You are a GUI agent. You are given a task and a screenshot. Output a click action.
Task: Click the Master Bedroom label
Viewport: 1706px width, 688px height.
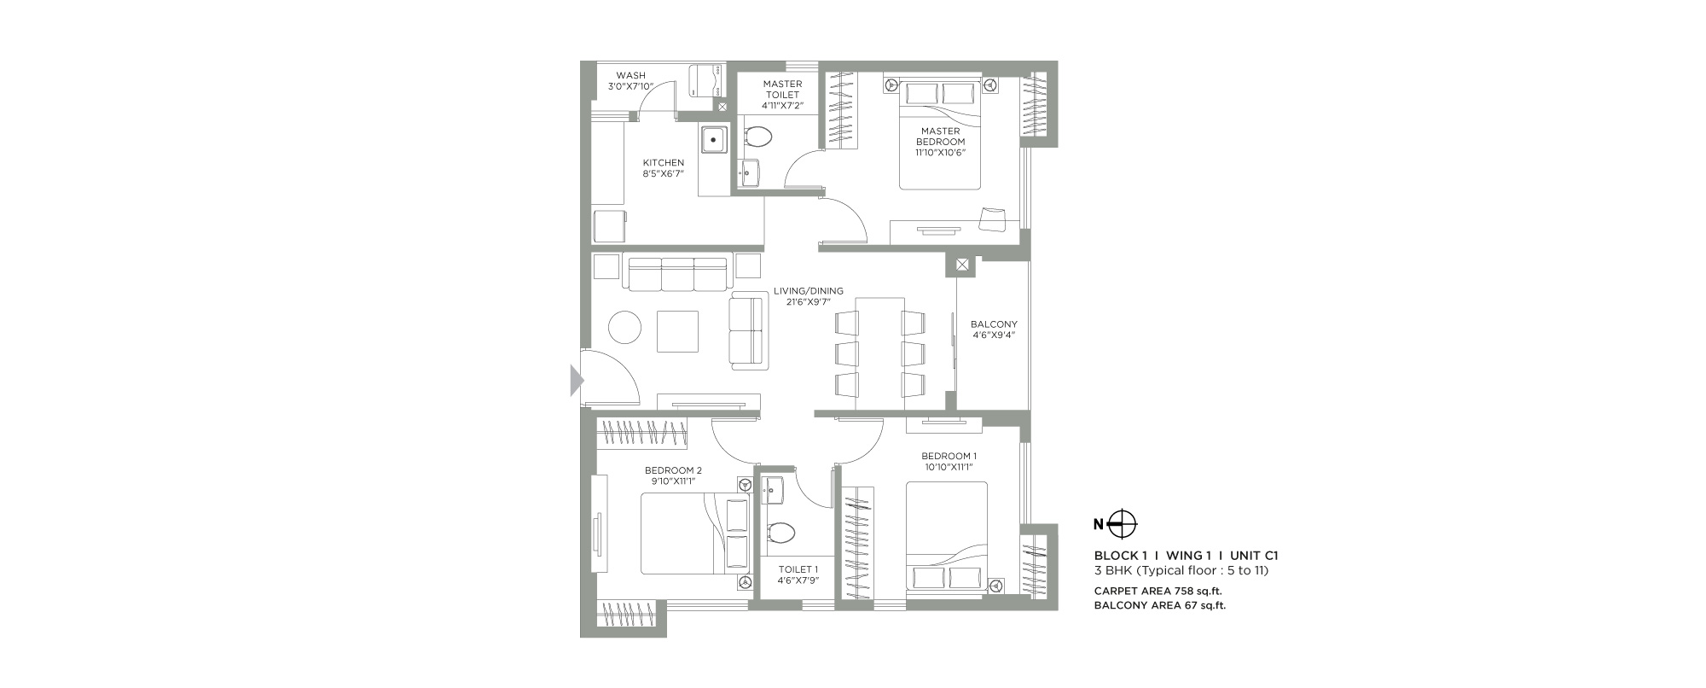click(x=941, y=137)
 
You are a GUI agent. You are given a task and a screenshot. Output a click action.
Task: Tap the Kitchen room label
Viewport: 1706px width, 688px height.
click(x=663, y=163)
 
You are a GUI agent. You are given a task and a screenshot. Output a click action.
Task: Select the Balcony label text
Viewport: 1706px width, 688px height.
click(x=994, y=324)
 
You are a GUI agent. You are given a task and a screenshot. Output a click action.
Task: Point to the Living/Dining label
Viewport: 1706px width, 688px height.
click(x=809, y=291)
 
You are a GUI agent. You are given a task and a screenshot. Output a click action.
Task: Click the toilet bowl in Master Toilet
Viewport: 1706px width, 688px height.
click(x=757, y=137)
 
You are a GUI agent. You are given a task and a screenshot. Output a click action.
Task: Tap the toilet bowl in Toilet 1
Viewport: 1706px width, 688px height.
click(x=780, y=533)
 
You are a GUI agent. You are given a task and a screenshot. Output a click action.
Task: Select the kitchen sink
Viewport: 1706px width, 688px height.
click(x=714, y=139)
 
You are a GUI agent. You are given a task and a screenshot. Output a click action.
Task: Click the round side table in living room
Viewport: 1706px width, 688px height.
click(x=624, y=328)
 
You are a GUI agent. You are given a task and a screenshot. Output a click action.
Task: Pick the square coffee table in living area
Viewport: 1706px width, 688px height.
click(x=677, y=331)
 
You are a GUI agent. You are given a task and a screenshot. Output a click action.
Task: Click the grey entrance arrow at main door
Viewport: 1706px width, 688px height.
click(x=576, y=379)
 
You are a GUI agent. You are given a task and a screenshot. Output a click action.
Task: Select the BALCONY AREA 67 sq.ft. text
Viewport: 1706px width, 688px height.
click(x=1160, y=606)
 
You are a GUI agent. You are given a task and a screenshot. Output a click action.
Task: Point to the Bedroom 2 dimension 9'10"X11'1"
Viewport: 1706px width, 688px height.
click(x=673, y=481)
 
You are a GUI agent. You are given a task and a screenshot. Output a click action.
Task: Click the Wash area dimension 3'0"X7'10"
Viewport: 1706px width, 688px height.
click(x=630, y=87)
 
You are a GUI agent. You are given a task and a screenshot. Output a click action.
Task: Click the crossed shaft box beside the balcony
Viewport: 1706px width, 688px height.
click(x=962, y=265)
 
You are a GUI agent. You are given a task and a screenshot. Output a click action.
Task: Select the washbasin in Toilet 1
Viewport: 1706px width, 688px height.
click(x=773, y=490)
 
